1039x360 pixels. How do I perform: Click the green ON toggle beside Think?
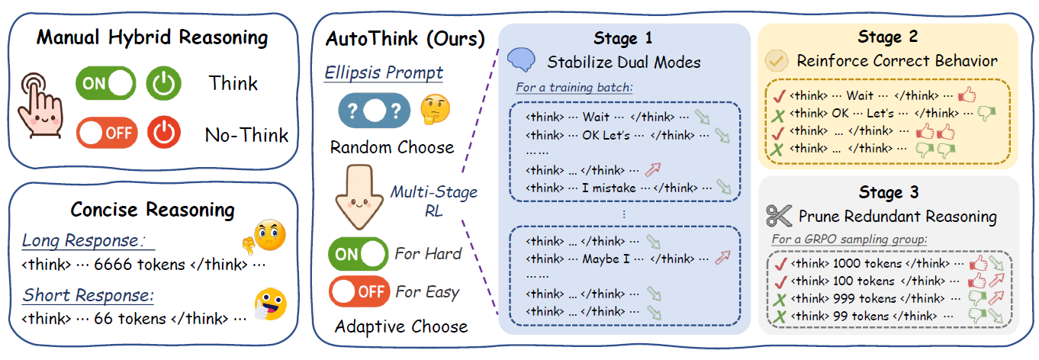[x=106, y=83]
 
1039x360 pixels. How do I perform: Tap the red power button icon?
[x=164, y=132]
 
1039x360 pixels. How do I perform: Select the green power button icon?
[x=164, y=83]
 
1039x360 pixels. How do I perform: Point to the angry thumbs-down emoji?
[x=265, y=236]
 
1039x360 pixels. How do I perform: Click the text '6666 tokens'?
[x=139, y=265]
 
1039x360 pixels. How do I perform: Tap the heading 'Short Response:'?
[x=88, y=295]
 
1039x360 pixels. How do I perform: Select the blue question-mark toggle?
[x=375, y=111]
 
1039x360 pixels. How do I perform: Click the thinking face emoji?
[x=435, y=110]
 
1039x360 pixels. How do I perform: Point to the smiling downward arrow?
[x=359, y=198]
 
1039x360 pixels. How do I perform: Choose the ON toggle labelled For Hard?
[x=358, y=254]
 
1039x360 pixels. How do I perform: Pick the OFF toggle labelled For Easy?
[x=359, y=291]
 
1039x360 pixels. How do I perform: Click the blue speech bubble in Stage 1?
[x=521, y=59]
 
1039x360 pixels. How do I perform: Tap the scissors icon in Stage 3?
[x=779, y=216]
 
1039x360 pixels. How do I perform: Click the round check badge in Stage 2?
[x=777, y=60]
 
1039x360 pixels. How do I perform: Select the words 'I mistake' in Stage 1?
[x=609, y=188]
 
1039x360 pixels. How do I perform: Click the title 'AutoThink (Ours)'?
[x=405, y=39]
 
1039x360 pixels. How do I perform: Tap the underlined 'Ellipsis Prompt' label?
[x=384, y=72]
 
